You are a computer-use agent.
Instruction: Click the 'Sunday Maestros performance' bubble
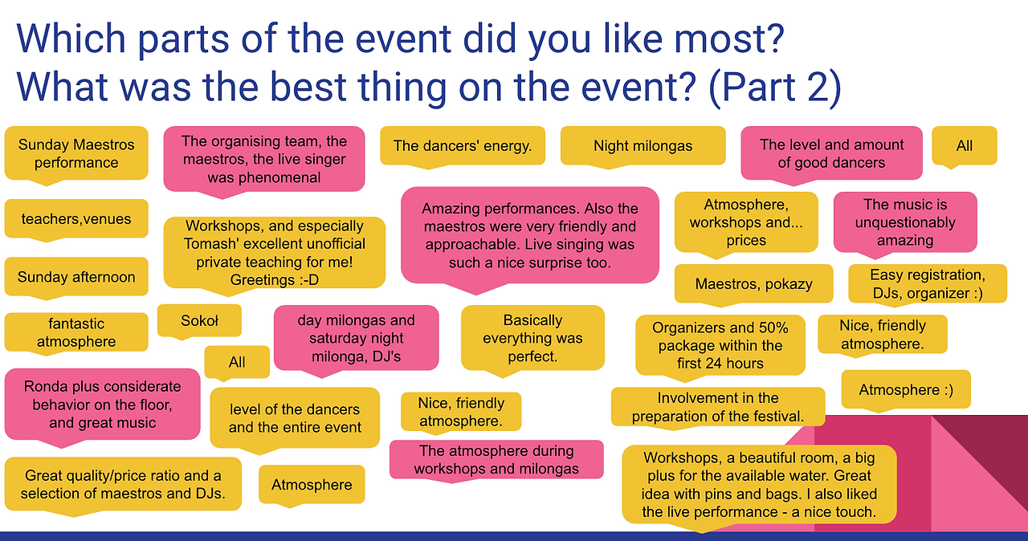click(x=76, y=153)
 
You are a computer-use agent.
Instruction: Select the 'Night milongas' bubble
click(x=643, y=146)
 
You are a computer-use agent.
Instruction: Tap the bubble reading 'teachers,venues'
click(x=76, y=218)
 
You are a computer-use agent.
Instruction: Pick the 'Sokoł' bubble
click(x=199, y=320)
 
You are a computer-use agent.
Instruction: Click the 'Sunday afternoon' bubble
click(x=76, y=277)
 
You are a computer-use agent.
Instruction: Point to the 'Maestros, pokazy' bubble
click(x=753, y=284)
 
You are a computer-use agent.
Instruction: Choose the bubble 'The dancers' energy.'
click(x=463, y=146)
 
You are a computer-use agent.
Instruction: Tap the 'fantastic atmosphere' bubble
click(x=76, y=332)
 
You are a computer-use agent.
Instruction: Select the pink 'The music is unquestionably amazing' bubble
click(x=905, y=222)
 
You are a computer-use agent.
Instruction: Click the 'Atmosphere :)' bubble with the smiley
click(x=906, y=389)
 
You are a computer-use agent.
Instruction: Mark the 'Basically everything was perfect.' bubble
click(x=532, y=338)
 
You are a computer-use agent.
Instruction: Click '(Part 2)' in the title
click(x=775, y=87)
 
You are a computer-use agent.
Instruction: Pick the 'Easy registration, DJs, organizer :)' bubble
click(x=928, y=284)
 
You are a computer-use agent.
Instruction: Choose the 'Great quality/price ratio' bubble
click(x=123, y=485)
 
